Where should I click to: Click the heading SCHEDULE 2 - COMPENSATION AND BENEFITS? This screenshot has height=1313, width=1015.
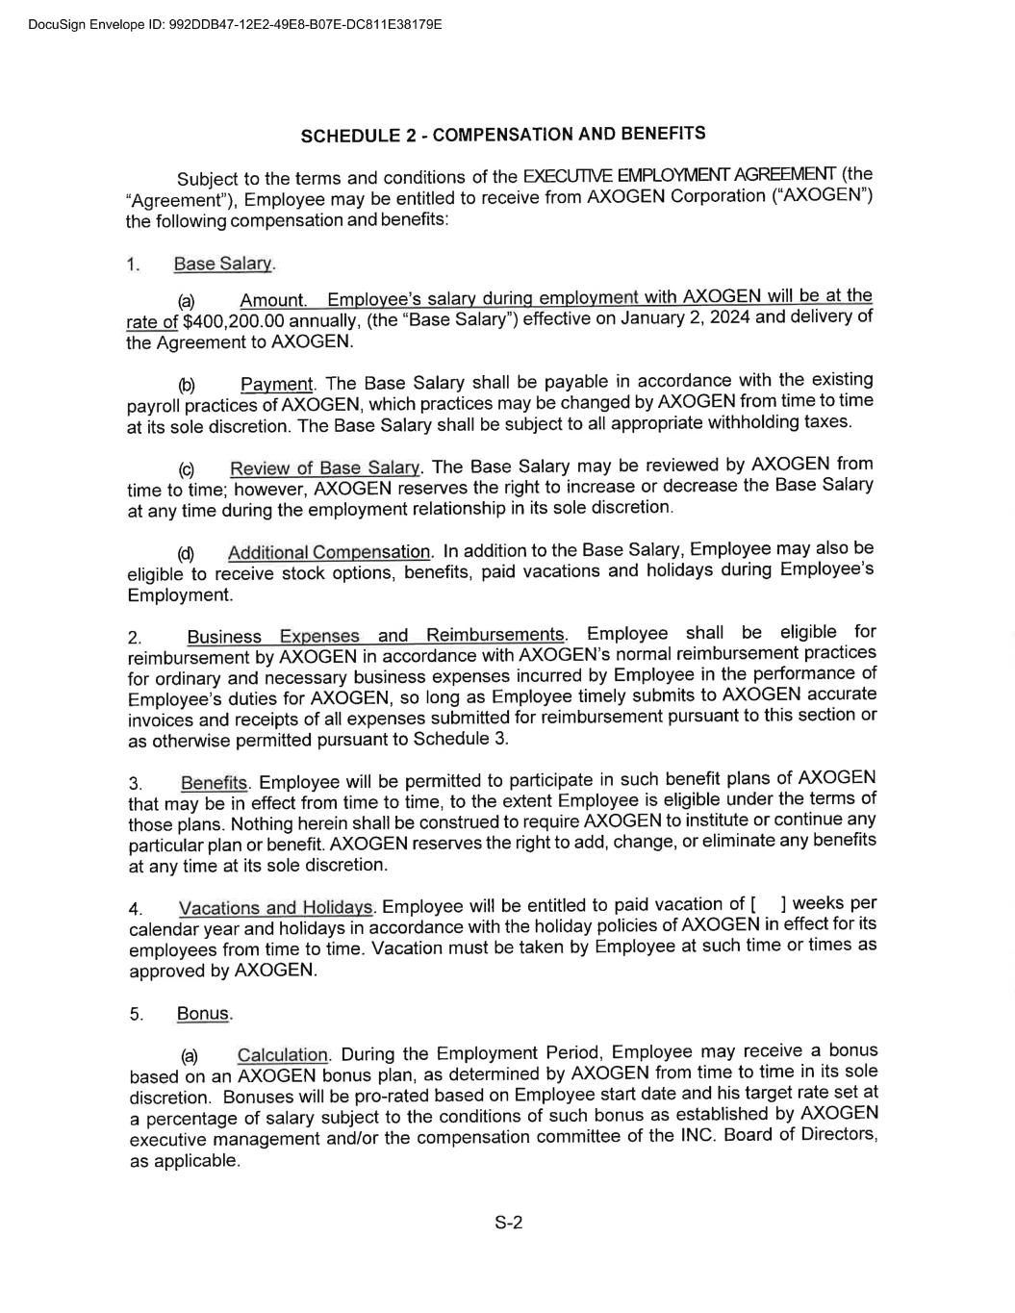tap(502, 134)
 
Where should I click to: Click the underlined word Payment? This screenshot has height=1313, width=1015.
tap(276, 385)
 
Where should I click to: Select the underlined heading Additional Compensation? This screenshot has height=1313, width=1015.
tap(328, 552)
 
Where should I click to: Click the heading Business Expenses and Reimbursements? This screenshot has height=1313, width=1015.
tap(375, 636)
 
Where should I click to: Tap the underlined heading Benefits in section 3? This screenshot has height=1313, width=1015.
tap(214, 783)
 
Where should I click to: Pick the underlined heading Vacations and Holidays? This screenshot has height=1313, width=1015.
tap(275, 908)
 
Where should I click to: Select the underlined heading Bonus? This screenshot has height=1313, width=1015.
tap(203, 1014)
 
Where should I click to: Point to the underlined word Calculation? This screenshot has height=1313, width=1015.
tap(282, 1055)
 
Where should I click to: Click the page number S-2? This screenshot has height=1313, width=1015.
tap(508, 1224)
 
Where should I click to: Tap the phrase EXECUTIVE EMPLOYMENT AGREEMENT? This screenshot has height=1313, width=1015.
tap(679, 175)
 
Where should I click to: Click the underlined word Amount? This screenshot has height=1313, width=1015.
tap(272, 301)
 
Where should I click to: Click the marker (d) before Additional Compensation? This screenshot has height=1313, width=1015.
tap(186, 554)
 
